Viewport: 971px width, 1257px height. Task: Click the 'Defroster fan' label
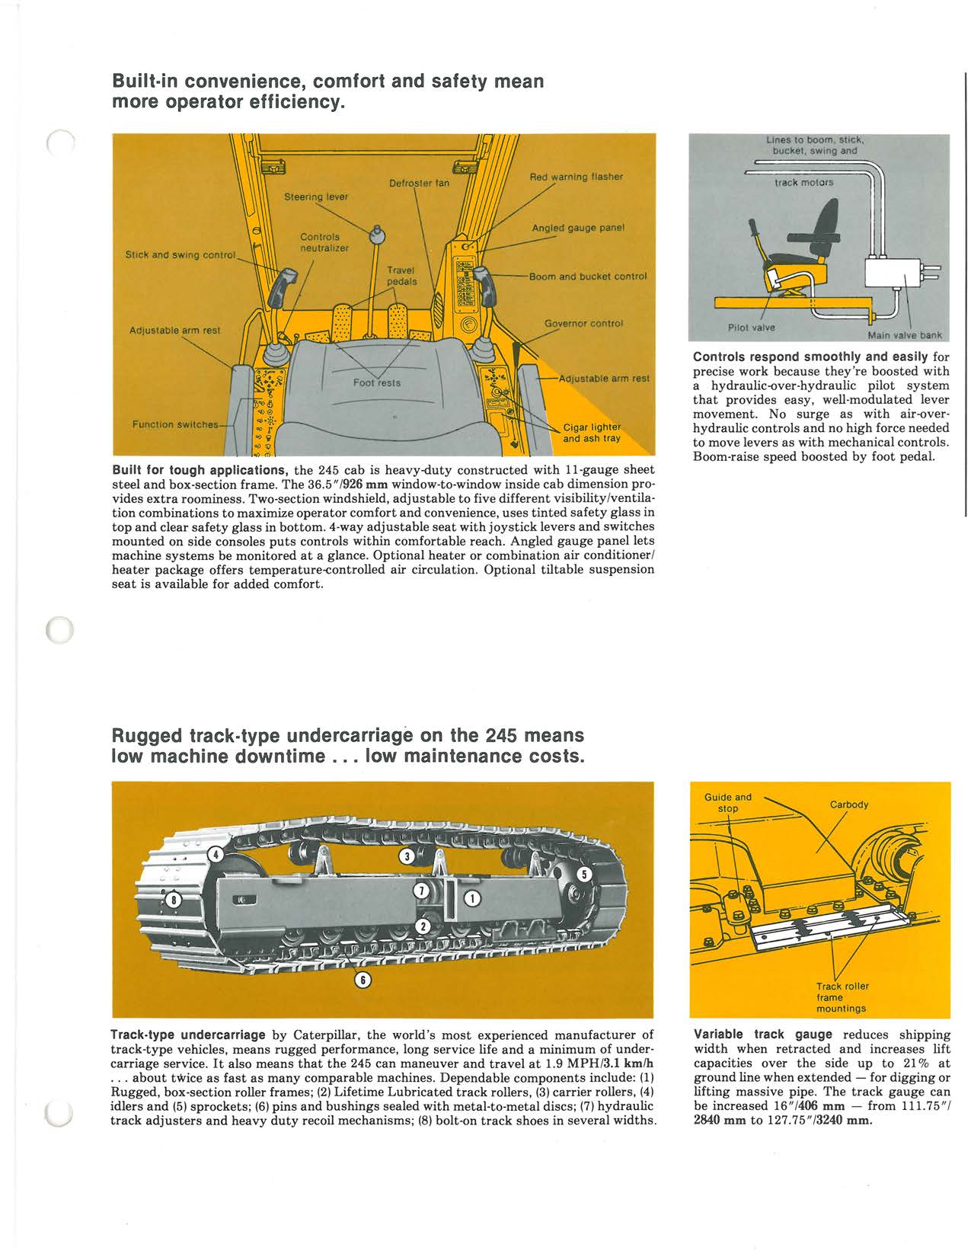tap(419, 184)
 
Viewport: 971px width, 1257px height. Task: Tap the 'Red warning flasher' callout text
tap(576, 177)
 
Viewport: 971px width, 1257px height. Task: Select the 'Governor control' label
tap(583, 323)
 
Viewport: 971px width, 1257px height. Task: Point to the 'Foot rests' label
tap(377, 382)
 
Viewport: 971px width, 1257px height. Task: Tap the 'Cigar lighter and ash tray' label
tap(592, 433)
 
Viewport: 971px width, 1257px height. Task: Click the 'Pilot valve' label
tap(751, 328)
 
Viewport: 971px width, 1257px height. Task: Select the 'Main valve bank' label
tap(904, 334)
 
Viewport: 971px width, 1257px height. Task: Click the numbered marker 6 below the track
tap(364, 980)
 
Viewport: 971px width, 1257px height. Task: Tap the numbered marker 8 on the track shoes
tap(174, 898)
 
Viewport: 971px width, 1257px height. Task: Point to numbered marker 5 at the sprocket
tap(583, 874)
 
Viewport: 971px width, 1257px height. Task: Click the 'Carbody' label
tap(848, 804)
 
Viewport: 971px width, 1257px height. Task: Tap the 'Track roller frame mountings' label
tap(841, 997)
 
